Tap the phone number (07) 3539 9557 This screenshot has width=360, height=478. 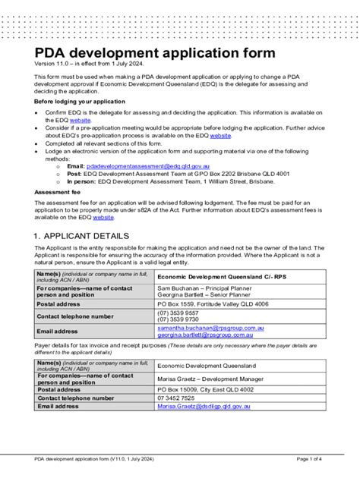click(x=178, y=313)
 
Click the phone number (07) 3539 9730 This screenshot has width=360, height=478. click(x=178, y=319)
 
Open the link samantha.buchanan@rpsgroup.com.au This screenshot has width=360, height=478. click(x=210, y=328)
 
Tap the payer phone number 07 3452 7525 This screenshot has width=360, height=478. click(x=176, y=398)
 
